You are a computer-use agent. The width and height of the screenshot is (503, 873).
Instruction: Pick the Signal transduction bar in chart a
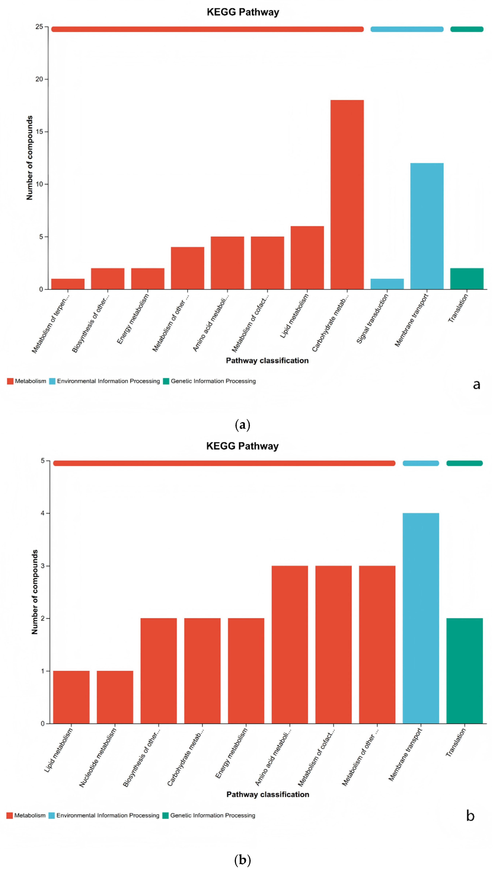click(x=387, y=284)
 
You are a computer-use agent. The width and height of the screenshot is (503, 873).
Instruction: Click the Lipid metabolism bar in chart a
click(x=307, y=257)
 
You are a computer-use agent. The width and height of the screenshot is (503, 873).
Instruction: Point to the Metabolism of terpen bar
click(x=68, y=284)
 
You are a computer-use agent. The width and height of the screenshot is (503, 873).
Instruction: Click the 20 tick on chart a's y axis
click(x=39, y=79)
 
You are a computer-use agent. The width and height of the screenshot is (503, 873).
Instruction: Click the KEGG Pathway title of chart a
click(x=243, y=12)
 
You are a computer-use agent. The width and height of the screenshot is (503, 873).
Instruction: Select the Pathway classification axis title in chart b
click(x=268, y=794)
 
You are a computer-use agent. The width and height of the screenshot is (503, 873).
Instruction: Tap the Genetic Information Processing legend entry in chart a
click(x=213, y=381)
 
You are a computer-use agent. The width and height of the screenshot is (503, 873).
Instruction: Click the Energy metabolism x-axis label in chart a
click(x=133, y=319)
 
